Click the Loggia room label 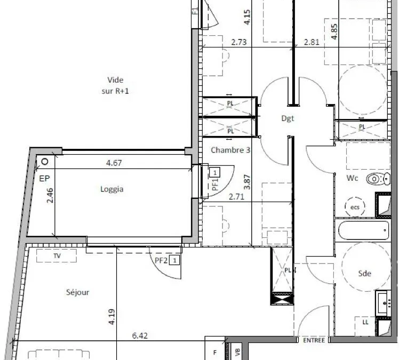point(112,189)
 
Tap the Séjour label point(77,292)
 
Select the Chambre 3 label point(230,150)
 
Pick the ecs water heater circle point(355,207)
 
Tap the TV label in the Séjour point(57,255)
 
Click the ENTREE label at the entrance point(314,340)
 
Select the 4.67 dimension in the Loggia point(114,163)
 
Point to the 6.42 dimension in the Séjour point(140,336)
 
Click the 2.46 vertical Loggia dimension point(50,195)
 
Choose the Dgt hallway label point(288,118)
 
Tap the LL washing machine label point(365,322)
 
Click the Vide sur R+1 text point(115,85)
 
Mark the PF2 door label point(161,260)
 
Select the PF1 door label point(215,184)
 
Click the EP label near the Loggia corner point(44,179)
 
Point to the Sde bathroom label point(364,274)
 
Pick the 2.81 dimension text point(312,42)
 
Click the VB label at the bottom point(237,352)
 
